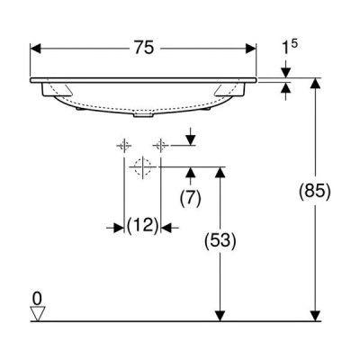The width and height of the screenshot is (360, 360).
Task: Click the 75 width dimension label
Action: [x=144, y=48]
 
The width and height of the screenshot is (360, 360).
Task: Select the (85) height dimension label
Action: [x=315, y=191]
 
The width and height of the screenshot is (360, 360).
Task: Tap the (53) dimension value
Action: [x=220, y=240]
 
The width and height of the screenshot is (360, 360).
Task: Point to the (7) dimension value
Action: [x=191, y=198]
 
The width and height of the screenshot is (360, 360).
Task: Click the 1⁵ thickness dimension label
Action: [x=290, y=47]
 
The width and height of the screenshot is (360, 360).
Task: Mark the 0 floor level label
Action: [x=37, y=299]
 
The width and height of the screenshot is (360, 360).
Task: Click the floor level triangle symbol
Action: [x=38, y=314]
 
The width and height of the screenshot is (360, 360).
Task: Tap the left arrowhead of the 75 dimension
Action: [x=35, y=49]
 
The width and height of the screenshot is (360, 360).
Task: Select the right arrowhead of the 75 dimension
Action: [x=251, y=49]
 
